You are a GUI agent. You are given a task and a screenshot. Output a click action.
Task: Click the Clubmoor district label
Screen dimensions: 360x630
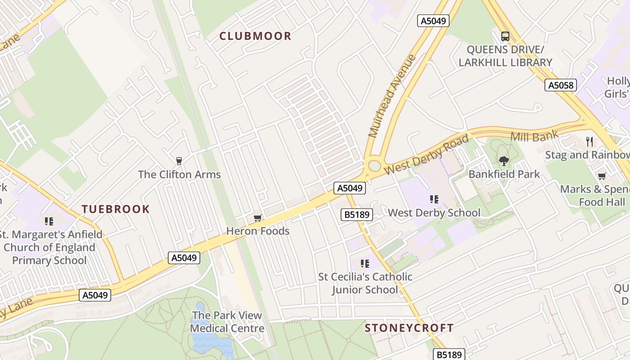(x=255, y=36)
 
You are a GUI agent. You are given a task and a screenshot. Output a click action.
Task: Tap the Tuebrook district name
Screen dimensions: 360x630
(x=115, y=209)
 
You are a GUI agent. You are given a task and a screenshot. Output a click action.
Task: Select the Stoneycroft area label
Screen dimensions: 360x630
(x=409, y=328)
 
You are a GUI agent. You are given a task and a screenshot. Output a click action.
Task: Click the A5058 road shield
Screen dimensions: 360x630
(x=560, y=85)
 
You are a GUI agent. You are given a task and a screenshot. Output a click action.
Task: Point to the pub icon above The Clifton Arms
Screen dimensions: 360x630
(x=179, y=161)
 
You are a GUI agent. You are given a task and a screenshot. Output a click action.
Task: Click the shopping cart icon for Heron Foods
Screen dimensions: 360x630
(x=257, y=218)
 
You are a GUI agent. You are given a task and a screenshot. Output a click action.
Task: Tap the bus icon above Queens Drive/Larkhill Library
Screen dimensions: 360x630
(x=505, y=36)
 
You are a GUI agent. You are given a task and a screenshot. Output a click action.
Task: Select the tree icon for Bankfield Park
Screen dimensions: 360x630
(x=504, y=161)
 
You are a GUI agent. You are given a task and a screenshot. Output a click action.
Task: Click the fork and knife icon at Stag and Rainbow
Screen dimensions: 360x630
(x=589, y=142)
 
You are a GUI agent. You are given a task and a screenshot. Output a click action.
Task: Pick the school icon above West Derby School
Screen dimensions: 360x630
(x=434, y=199)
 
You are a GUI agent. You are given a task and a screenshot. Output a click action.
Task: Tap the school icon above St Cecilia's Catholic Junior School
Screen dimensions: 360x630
(x=364, y=263)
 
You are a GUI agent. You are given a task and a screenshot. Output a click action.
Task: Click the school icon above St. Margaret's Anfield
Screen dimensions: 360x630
(x=49, y=221)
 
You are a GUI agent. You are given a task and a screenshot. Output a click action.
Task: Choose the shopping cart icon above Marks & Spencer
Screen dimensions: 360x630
(x=602, y=176)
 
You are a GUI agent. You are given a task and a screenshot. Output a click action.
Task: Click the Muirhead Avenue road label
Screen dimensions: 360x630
(x=391, y=96)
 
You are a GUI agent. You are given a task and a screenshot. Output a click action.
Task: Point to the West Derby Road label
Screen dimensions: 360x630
(x=427, y=154)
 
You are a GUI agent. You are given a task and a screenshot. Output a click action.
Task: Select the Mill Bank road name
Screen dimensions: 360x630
(x=535, y=136)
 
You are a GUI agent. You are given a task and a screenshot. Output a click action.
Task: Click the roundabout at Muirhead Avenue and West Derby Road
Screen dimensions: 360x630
(x=374, y=166)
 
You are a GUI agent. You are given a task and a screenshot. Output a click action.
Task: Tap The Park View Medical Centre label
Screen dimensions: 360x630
(x=227, y=322)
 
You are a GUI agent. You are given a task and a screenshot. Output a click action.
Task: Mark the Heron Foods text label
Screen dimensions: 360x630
(x=257, y=231)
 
